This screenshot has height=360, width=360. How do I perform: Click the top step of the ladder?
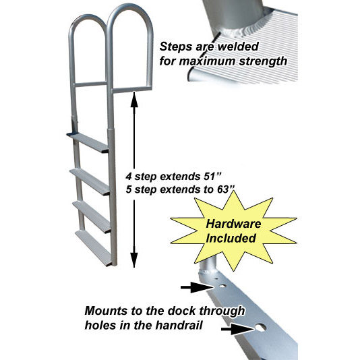[x=88, y=142]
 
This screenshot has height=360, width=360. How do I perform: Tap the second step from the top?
[x=90, y=182]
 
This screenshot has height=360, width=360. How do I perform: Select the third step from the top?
[x=92, y=216]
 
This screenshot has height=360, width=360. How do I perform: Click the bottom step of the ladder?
[x=94, y=248]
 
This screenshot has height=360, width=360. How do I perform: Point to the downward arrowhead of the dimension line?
[x=134, y=260]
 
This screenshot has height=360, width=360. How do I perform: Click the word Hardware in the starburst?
[x=233, y=224]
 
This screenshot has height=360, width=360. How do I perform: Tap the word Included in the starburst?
[x=231, y=238]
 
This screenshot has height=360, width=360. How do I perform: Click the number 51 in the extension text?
[x=210, y=177]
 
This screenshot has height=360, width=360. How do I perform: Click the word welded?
[x=238, y=47]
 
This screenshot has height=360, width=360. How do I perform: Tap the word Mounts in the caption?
[x=107, y=311]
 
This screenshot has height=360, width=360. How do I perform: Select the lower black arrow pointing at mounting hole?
[x=237, y=329]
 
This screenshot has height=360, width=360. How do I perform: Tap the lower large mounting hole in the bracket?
[x=260, y=328]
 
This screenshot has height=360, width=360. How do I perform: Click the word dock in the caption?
[x=181, y=311]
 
